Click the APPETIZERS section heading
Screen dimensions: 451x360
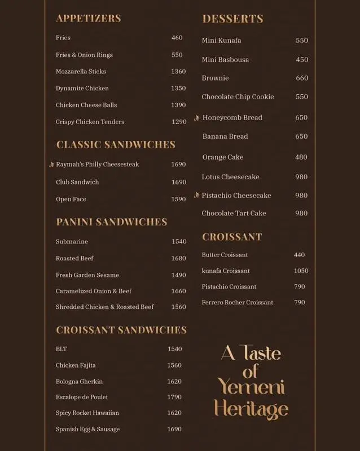click(88, 19)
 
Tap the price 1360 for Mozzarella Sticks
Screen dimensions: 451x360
click(178, 72)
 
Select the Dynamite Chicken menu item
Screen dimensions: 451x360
click(82, 89)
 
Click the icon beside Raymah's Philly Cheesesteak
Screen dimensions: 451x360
click(51, 165)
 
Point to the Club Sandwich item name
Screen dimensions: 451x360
click(77, 182)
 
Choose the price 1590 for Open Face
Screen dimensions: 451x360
click(178, 199)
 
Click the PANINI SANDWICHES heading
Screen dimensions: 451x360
click(111, 222)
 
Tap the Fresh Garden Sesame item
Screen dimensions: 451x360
click(87, 275)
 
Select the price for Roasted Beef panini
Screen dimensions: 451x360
click(178, 258)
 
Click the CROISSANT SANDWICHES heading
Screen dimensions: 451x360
click(121, 330)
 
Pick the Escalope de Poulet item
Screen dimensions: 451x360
click(82, 397)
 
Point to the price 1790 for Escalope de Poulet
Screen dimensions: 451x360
click(174, 397)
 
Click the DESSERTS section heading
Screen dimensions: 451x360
click(232, 19)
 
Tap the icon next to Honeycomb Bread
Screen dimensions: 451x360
click(196, 118)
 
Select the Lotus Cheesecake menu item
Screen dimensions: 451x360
click(230, 177)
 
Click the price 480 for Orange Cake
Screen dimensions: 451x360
click(301, 157)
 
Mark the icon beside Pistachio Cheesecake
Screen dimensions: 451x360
click(196, 196)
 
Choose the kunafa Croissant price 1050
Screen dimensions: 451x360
click(301, 271)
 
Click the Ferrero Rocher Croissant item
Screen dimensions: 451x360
click(237, 302)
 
